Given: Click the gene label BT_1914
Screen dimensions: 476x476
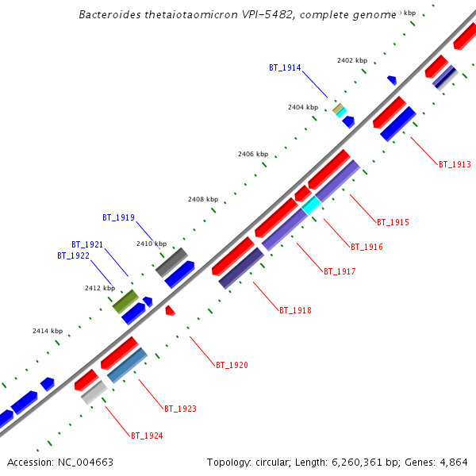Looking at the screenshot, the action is click(285, 67).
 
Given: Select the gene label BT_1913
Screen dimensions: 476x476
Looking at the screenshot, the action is click(455, 165).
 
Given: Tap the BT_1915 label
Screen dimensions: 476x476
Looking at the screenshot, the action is click(393, 222).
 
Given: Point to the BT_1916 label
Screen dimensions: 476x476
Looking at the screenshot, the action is click(367, 248).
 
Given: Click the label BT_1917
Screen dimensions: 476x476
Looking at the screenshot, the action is click(340, 271).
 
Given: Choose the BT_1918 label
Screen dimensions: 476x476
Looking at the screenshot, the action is click(295, 310).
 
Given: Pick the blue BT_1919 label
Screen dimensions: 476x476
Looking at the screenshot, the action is click(118, 217).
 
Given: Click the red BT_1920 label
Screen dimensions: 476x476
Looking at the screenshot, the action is click(232, 365).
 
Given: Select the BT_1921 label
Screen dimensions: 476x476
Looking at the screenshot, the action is click(87, 244).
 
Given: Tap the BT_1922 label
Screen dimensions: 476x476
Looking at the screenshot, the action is click(73, 255).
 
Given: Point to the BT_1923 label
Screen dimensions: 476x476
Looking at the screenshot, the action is click(180, 409).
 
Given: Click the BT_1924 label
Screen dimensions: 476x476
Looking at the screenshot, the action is click(147, 436).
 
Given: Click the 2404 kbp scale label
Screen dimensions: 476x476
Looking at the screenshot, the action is click(302, 107).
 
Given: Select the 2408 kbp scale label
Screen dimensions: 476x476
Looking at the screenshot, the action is click(202, 199).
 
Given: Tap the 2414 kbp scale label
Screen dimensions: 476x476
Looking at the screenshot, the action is click(47, 330).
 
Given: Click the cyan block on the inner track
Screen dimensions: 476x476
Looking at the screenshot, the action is click(312, 205).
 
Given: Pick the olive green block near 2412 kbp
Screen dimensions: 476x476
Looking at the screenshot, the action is click(125, 301).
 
